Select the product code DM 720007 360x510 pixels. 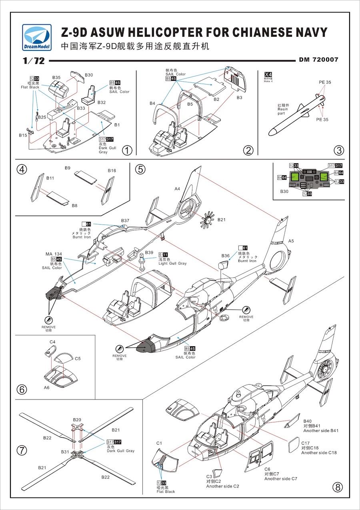pyautogui.click(x=319, y=60)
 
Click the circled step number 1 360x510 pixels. pyautogui.click(x=127, y=151)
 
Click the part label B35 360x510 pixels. pyautogui.click(x=56, y=77)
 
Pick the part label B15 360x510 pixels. pyautogui.click(x=23, y=135)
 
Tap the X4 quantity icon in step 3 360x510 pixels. pyautogui.click(x=268, y=75)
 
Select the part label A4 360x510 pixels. pyautogui.click(x=177, y=188)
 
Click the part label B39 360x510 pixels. pyautogui.click(x=149, y=253)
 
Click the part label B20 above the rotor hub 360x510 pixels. pyautogui.click(x=77, y=420)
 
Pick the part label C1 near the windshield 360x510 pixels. pyautogui.click(x=159, y=443)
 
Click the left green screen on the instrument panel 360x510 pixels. pyautogui.click(x=296, y=177)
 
